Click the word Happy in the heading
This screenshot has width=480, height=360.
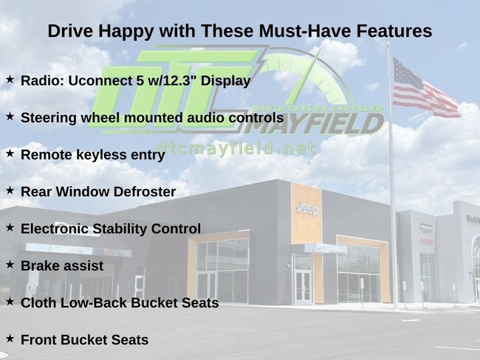coord(126,32)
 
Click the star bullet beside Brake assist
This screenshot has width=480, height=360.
coord(10,265)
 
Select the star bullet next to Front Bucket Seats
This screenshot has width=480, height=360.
coord(10,339)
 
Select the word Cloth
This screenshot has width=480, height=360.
coord(38,302)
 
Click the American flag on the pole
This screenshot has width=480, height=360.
coord(425,89)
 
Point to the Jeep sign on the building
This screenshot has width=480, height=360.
coord(307,209)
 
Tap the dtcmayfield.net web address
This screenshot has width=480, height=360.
coord(236,148)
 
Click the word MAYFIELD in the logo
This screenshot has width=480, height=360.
coord(314,124)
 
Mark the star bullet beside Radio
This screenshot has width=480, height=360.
coord(10,80)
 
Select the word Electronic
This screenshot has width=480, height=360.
coord(55,229)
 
